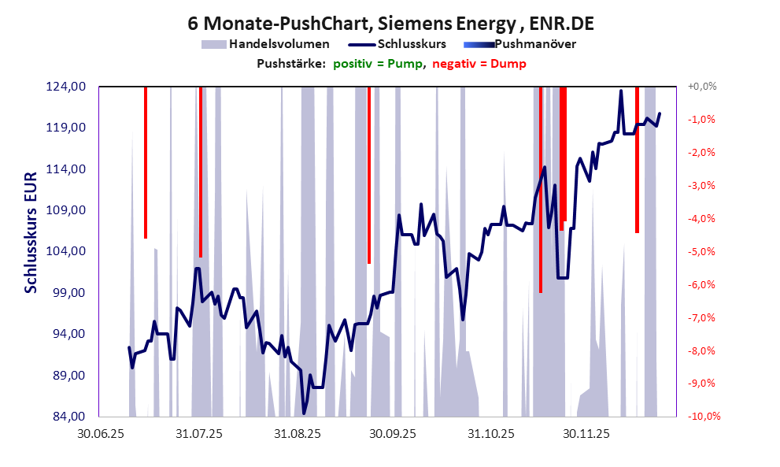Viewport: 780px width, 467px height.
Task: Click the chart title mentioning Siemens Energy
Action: [x=390, y=24]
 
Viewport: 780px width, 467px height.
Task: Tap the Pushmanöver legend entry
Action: [x=534, y=44]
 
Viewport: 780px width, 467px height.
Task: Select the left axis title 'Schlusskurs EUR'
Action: [x=31, y=232]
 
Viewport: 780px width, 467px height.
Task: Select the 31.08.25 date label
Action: [x=297, y=432]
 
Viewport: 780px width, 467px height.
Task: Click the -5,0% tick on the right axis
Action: [x=702, y=251]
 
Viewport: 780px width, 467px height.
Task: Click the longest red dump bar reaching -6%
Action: [x=541, y=189]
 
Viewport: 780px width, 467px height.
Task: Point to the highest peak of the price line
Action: [x=621, y=91]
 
